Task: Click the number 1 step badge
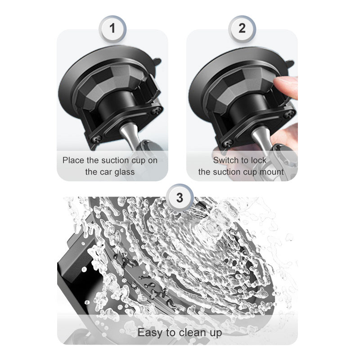coord(112,29)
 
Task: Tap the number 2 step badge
coord(242,29)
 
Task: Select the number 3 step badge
coord(180,198)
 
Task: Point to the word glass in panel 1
coord(125,172)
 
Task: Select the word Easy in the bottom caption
coord(150,333)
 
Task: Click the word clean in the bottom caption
coord(192,332)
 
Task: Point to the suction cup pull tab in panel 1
coord(157,62)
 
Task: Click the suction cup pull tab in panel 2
coord(289,63)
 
